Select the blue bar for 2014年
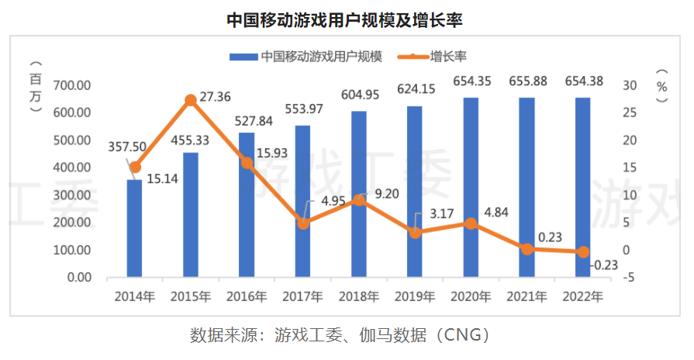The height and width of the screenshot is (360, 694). pos(134,229)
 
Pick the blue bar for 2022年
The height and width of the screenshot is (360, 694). pos(582,186)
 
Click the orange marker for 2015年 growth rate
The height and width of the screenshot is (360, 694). pos(191,100)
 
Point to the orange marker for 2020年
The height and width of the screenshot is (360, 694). pos(471,223)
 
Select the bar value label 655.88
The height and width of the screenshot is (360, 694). pos(527,81)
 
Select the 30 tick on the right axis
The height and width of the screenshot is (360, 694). pos(630,85)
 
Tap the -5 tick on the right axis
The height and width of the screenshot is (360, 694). pos(630,277)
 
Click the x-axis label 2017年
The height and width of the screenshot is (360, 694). pos(303,297)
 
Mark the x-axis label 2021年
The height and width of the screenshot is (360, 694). pos(527,297)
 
